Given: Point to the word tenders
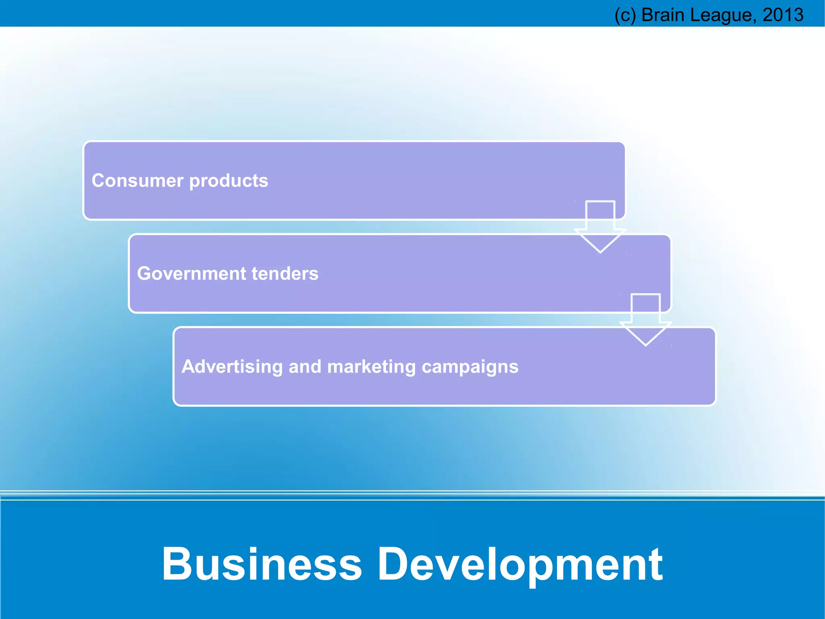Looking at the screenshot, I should (285, 273).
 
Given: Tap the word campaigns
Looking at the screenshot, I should (470, 367).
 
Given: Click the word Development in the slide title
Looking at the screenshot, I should (520, 565).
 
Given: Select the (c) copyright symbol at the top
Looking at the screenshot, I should (625, 15).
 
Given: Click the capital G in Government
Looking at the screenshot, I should (145, 273).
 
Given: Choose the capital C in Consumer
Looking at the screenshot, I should (99, 181).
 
